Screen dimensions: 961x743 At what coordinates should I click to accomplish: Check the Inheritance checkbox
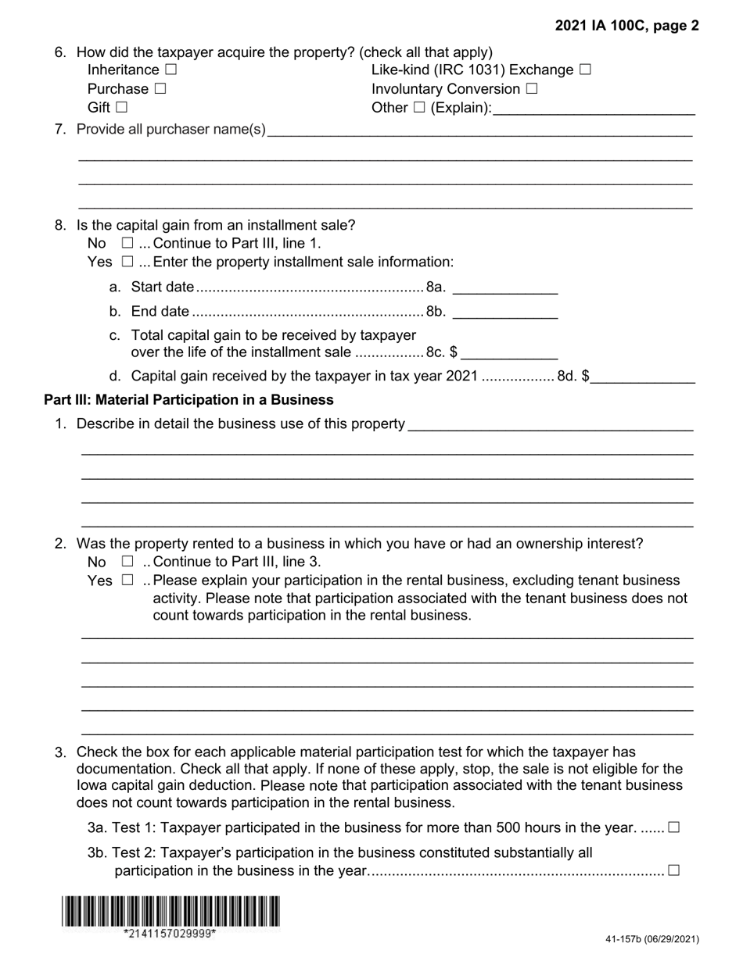click(171, 70)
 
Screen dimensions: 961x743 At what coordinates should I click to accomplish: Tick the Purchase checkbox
click(160, 88)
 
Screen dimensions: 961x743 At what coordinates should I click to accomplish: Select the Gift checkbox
click(121, 107)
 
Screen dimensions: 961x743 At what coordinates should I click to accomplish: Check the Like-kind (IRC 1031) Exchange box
click(585, 70)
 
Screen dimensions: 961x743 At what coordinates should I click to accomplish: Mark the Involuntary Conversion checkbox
click(532, 88)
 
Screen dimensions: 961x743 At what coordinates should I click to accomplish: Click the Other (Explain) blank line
click(594, 108)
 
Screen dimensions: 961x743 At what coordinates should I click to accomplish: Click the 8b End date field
click(505, 312)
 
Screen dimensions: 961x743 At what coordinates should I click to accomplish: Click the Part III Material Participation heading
click(188, 400)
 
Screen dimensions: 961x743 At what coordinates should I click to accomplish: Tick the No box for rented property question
click(128, 561)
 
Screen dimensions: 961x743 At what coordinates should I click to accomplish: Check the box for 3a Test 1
click(674, 827)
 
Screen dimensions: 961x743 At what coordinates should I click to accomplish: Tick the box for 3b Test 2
click(674, 870)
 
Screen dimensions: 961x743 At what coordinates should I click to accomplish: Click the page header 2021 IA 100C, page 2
click(627, 26)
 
